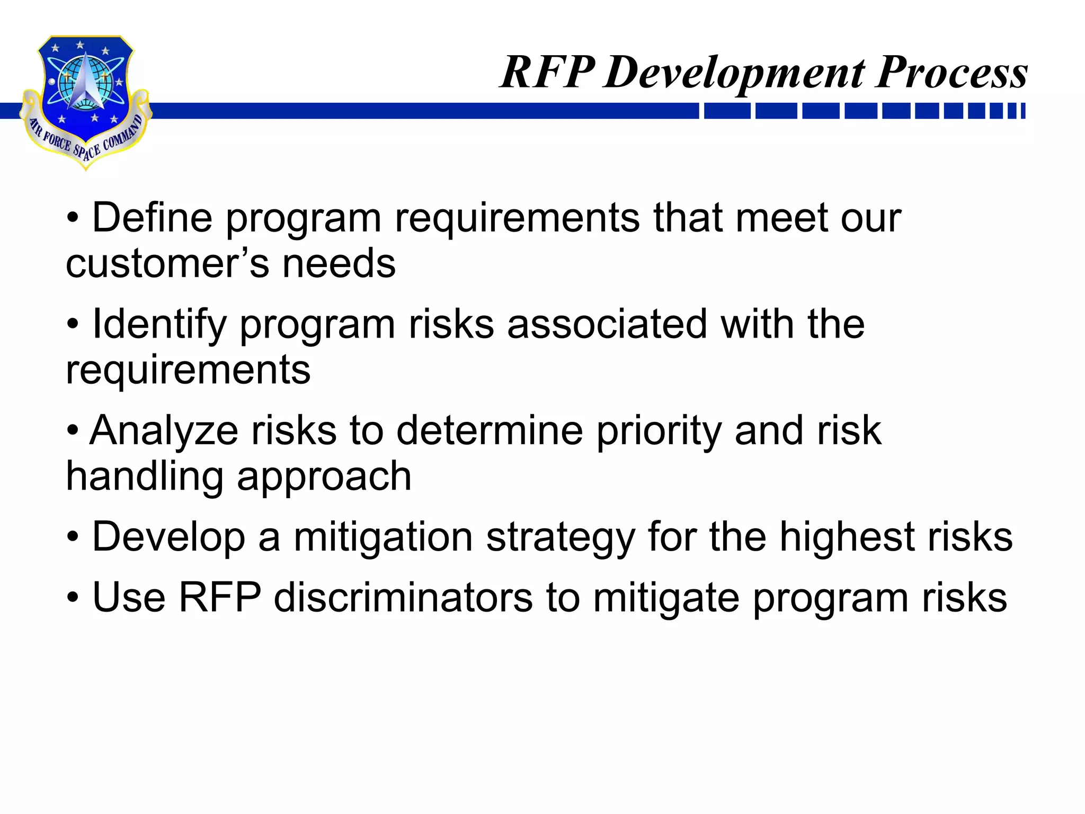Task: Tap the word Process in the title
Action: pos(951,73)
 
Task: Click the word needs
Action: pos(339,263)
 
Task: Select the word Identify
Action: pos(159,324)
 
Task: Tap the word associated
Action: pos(607,324)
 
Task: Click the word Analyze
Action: pos(164,430)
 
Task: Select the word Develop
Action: pos(168,538)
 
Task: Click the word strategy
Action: pos(561,538)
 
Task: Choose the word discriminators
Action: pos(403,598)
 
